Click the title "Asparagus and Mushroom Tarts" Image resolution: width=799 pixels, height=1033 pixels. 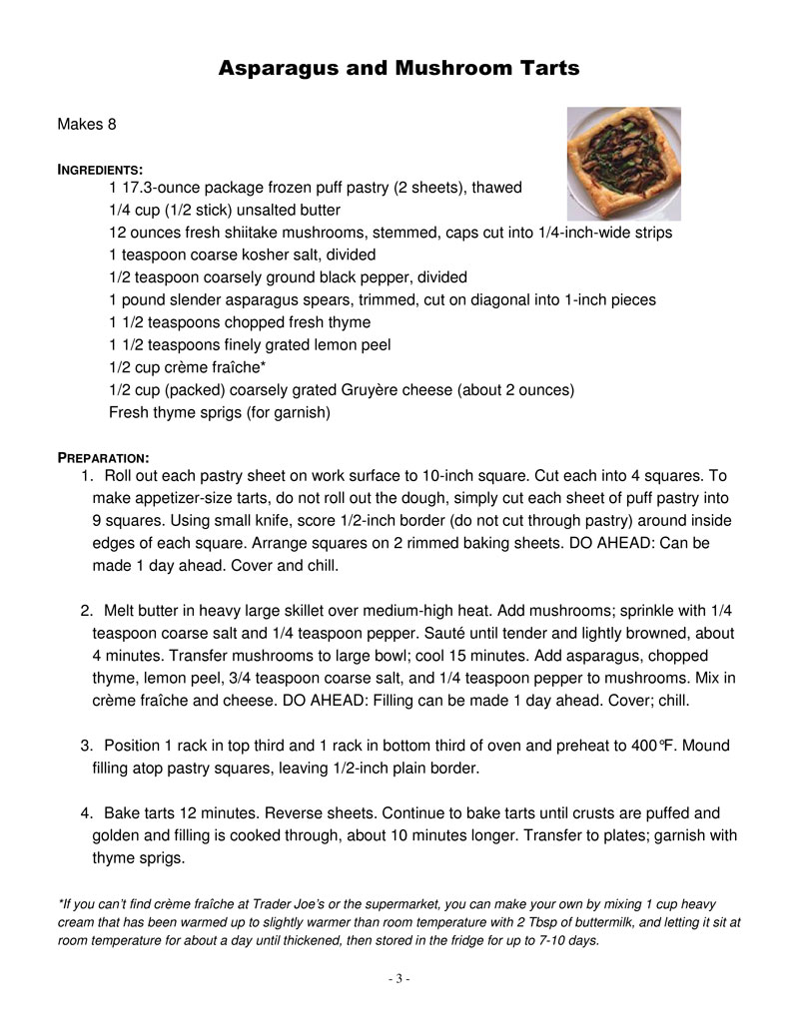399,69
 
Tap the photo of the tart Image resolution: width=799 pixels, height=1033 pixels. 624,164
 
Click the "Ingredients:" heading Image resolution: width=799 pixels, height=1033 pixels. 100,169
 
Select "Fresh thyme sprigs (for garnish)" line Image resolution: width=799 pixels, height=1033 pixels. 219,411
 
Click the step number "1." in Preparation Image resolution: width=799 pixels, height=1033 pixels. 87,476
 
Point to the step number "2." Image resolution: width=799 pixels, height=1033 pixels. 87,611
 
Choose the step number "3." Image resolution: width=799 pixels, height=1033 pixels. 87,746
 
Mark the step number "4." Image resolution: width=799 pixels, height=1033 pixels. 87,813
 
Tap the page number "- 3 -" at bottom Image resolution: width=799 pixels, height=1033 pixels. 399,979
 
